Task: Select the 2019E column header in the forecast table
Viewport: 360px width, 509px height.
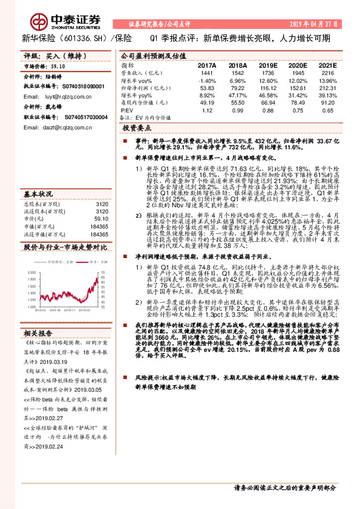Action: (267, 65)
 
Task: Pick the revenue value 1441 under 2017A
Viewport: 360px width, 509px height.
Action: (207, 73)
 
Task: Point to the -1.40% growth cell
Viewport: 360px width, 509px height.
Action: (207, 80)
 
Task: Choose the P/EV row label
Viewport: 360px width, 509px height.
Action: (126, 111)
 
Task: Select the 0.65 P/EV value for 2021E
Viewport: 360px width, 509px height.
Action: (327, 111)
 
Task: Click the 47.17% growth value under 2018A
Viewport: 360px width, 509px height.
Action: (237, 96)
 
